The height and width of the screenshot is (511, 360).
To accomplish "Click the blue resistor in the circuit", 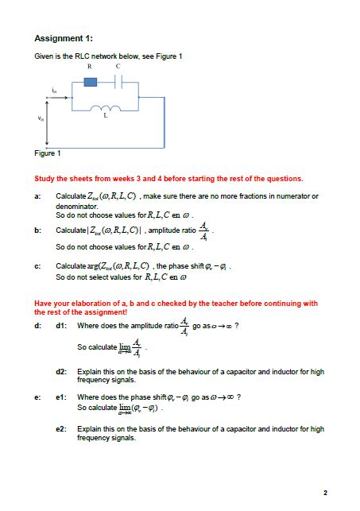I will pos(91,82).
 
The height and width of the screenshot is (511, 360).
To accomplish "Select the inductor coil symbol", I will pos(106,109).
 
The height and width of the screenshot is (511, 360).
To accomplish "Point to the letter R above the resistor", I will pos(89,67).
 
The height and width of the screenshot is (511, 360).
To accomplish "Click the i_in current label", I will pos(54,91).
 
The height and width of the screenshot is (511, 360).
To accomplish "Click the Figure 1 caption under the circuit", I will pos(48,153).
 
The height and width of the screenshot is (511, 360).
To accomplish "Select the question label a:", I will pos(37,195).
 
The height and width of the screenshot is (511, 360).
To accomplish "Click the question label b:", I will pos(37,230).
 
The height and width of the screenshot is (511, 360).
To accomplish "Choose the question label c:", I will pos(37,265).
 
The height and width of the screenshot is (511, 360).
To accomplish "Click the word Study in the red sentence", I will pos(44,179).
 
